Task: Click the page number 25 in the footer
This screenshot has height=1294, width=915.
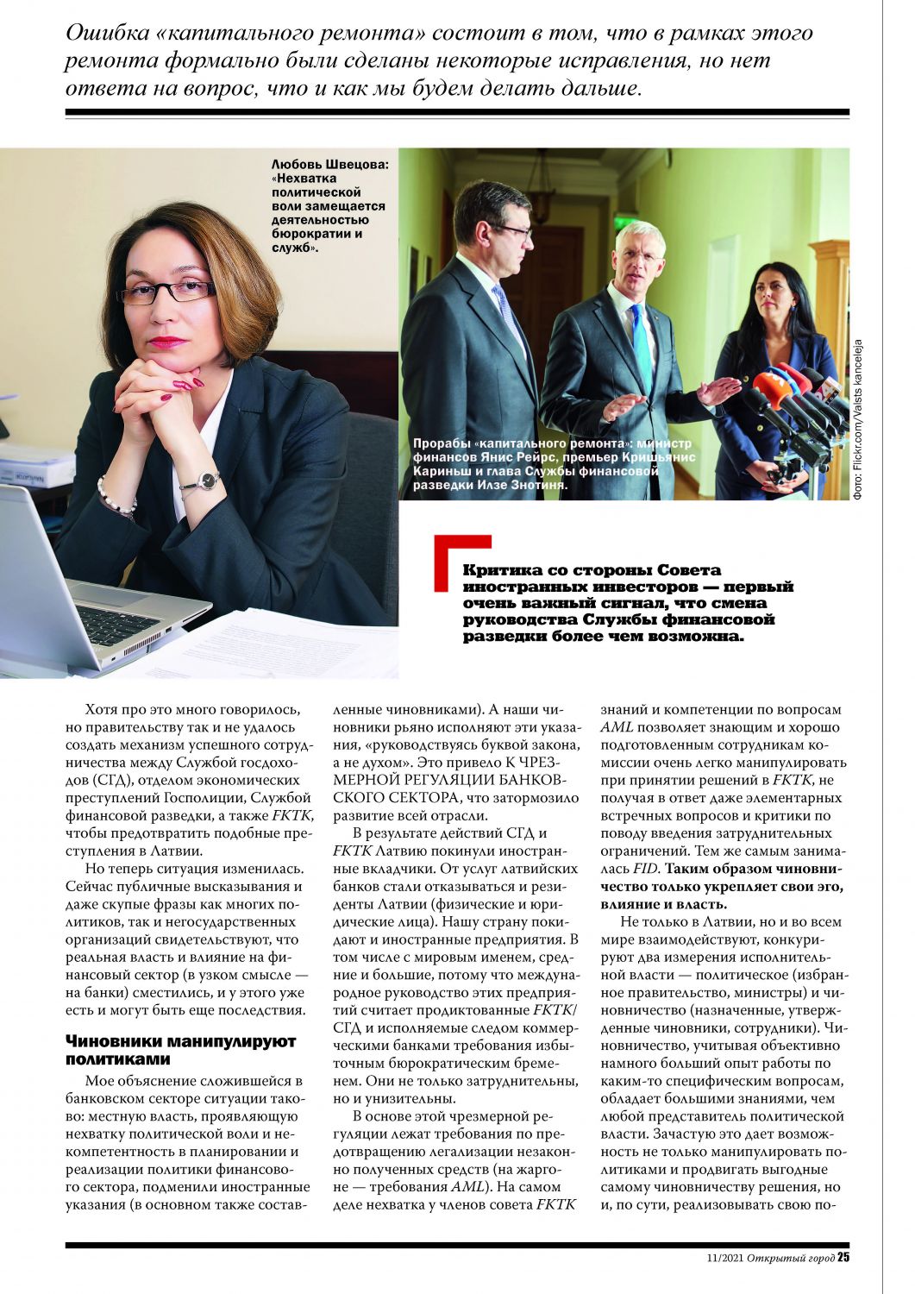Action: pyautogui.click(x=843, y=1257)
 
